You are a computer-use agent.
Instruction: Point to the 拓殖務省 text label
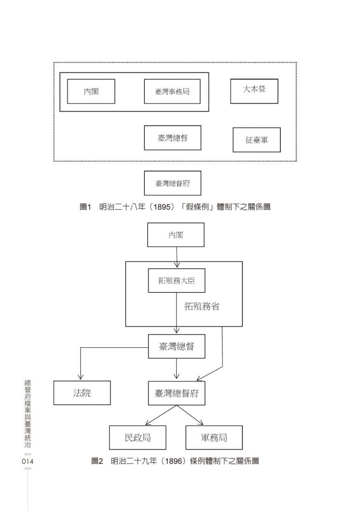click(x=202, y=306)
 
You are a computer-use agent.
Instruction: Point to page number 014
click(x=27, y=461)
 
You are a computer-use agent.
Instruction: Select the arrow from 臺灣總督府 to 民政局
click(x=161, y=415)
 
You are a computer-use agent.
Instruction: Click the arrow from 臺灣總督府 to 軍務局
click(x=190, y=415)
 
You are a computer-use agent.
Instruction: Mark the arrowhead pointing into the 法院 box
click(x=81, y=378)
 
